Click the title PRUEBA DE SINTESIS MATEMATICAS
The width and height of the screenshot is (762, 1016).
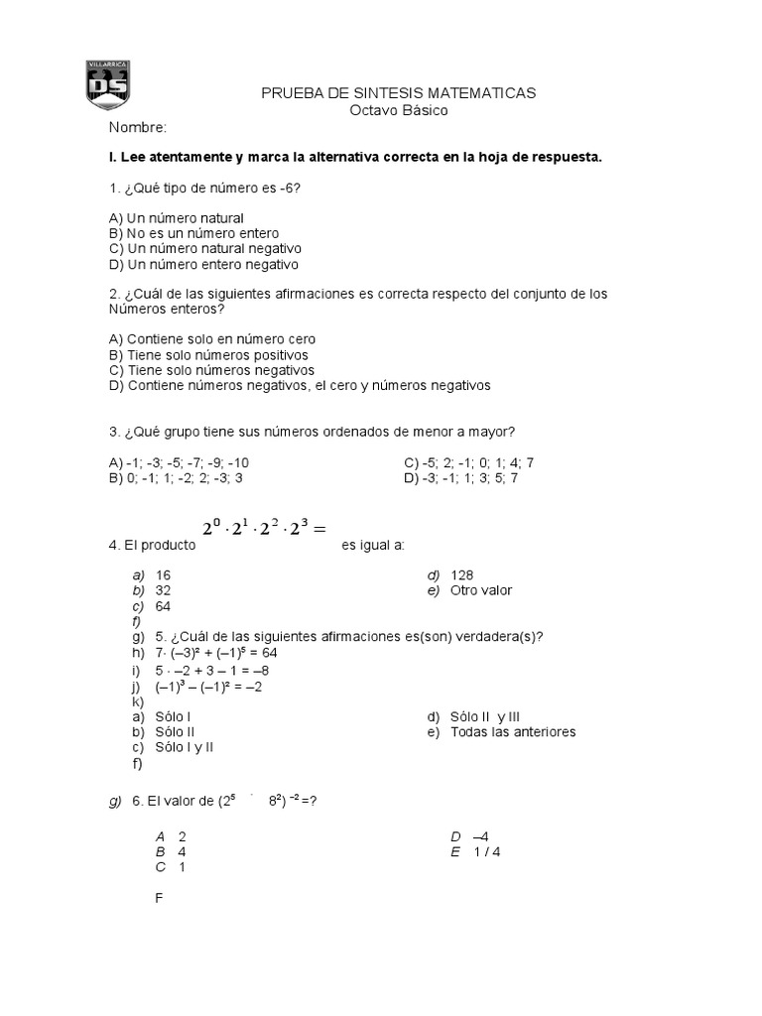(398, 92)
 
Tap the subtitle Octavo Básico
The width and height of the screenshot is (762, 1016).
(399, 110)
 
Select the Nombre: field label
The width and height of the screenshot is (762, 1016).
(138, 128)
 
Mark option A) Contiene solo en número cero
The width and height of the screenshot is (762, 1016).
(212, 338)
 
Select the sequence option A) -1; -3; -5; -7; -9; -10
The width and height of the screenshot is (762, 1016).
(179, 462)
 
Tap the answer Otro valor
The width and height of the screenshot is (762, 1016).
(481, 590)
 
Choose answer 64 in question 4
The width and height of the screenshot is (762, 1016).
(164, 606)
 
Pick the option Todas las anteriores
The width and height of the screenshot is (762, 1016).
(512, 732)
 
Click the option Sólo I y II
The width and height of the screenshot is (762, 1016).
(185, 748)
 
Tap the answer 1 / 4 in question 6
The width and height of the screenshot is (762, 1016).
(486, 851)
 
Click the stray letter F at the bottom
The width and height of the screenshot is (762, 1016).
(160, 898)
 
